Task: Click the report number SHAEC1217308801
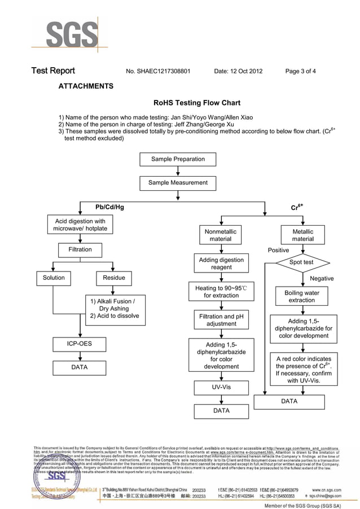point(164,71)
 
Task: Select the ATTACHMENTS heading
point(86,86)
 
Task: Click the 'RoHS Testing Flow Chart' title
point(197,103)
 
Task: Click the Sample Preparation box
point(178,160)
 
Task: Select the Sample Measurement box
point(178,183)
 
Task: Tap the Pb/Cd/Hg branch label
point(109,207)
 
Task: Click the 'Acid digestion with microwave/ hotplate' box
point(80,225)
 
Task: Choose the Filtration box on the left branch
point(80,249)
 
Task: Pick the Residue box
point(114,278)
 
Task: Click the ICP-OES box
point(80,343)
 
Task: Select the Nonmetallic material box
point(221,235)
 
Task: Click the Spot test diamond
point(301,262)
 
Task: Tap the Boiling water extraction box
point(302,297)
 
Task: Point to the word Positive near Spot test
point(278,250)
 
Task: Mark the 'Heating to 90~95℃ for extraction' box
point(221,292)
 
